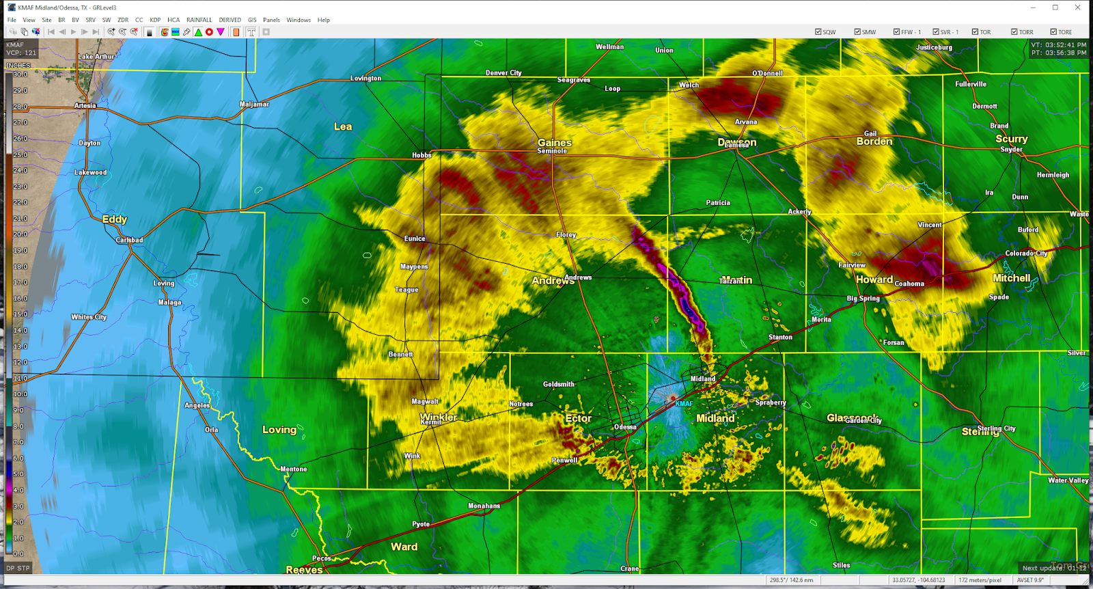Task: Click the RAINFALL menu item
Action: (x=199, y=20)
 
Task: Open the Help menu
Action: (x=323, y=20)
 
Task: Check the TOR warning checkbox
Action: (x=976, y=32)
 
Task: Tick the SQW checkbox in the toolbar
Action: (x=818, y=32)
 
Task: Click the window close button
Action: (x=1077, y=8)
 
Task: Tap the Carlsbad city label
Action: (x=129, y=240)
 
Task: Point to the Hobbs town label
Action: (x=421, y=155)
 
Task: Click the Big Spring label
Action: (x=863, y=298)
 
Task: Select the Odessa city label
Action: (x=624, y=427)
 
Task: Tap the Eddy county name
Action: (x=114, y=219)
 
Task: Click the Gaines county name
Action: (x=554, y=143)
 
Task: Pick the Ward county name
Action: (x=404, y=547)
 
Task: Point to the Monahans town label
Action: (x=484, y=506)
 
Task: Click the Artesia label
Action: (x=85, y=106)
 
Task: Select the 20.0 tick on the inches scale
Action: (x=20, y=234)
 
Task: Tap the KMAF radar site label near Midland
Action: (x=684, y=404)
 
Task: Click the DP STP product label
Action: (x=18, y=568)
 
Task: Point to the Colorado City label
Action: (x=1026, y=254)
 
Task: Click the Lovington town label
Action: (x=365, y=79)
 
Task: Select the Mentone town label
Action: (x=294, y=469)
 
